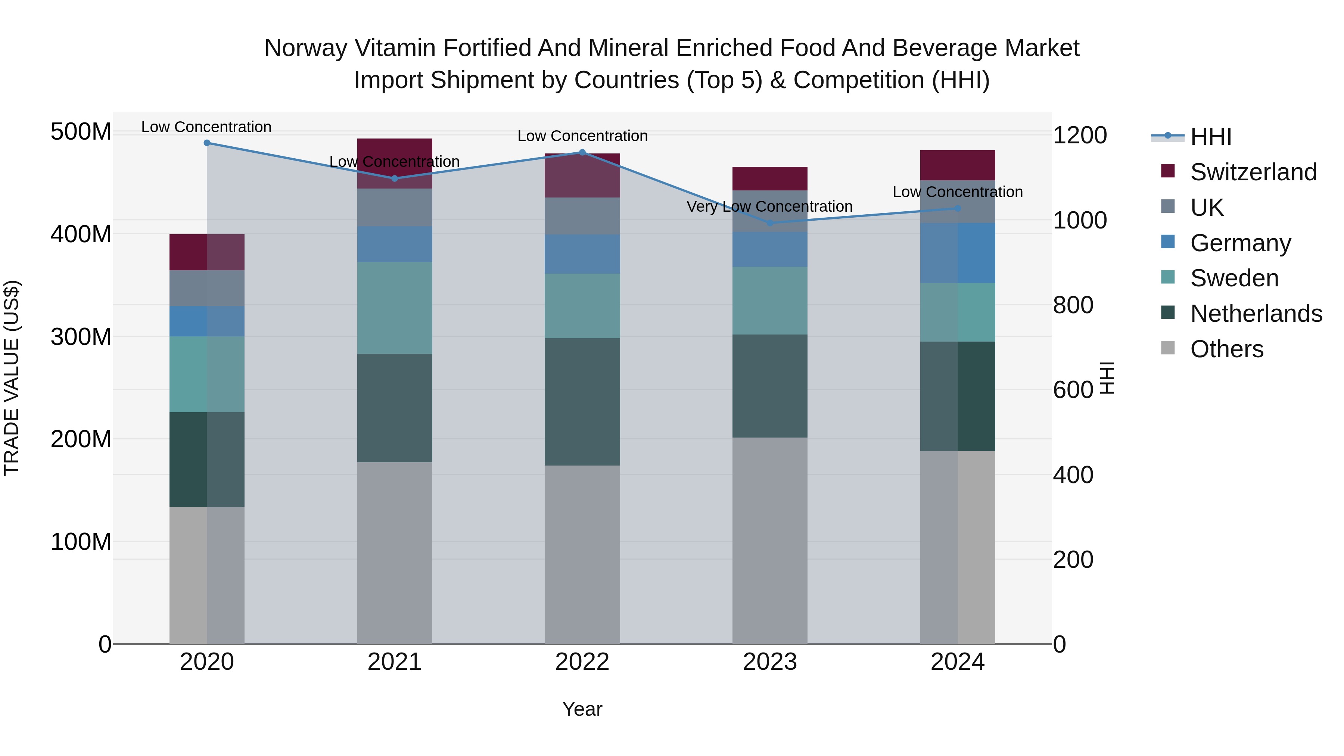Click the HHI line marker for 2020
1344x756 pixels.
coord(207,143)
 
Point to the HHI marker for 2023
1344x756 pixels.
coord(770,223)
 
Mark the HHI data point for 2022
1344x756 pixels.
coord(583,152)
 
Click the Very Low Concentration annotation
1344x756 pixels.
coord(769,206)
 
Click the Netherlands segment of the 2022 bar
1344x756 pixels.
coord(582,402)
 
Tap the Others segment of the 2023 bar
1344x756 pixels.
coord(770,541)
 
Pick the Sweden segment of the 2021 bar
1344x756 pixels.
coord(395,308)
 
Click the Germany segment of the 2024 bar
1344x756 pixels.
coord(958,253)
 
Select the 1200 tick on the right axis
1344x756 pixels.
coord(1079,136)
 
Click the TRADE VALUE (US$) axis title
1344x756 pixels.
coord(12,378)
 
